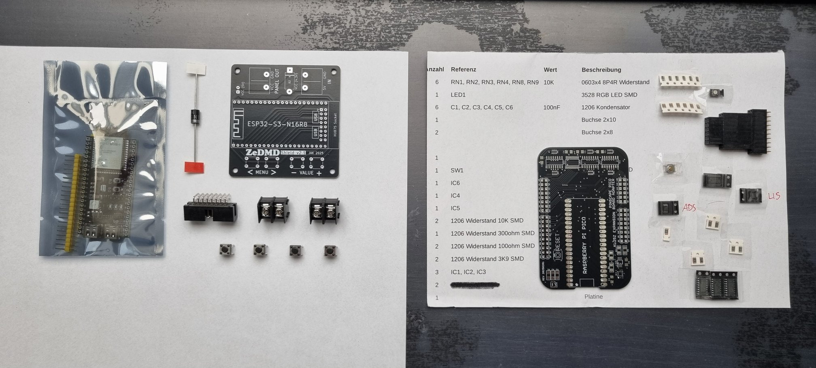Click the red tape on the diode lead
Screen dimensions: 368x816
194,167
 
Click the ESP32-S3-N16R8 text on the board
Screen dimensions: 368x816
277,124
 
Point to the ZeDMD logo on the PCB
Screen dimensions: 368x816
262,152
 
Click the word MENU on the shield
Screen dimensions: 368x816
262,172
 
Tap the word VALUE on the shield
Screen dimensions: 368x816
306,173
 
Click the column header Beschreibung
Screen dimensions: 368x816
601,70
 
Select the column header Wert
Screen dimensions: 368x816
550,70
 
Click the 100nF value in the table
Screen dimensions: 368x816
551,107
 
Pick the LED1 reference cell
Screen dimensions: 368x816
458,95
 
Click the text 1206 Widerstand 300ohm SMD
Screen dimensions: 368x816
492,233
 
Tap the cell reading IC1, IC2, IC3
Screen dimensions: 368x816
468,272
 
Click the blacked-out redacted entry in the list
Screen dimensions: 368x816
475,285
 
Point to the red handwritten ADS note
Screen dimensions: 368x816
689,208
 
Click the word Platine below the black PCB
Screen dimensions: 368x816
593,297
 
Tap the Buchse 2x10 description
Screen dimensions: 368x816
599,120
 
